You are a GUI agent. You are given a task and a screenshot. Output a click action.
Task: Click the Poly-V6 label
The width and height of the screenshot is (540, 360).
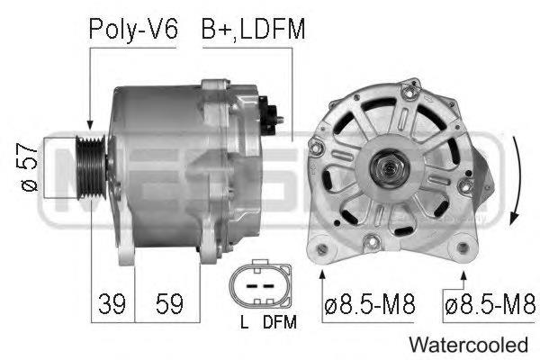point(133,30)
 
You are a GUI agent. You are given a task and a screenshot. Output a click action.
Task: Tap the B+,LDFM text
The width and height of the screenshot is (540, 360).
point(253,30)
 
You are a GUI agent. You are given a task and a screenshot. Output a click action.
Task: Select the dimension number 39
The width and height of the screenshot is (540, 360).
point(112,304)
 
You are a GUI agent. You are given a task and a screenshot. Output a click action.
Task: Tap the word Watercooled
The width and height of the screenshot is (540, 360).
point(468,344)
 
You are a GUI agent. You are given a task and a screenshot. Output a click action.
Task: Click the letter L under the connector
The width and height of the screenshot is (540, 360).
point(244,320)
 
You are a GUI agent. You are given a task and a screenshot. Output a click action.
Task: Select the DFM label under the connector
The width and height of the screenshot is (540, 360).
point(278,320)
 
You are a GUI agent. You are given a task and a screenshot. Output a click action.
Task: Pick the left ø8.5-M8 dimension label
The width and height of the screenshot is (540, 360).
point(368,304)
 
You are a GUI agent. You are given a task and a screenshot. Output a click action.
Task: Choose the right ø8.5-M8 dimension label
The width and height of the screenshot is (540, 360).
point(490,304)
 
